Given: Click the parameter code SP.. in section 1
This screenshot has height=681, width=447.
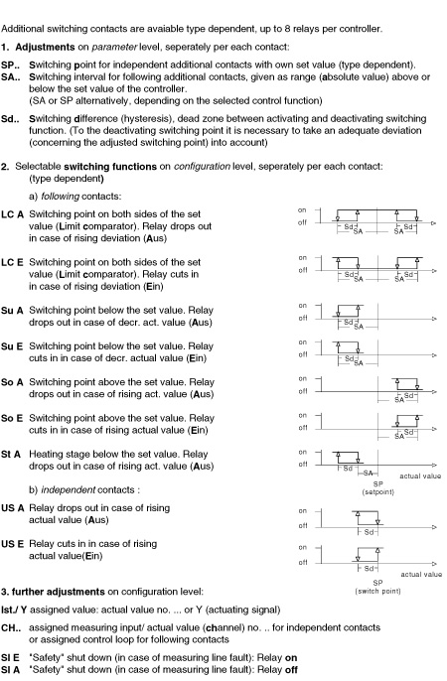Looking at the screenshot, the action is (10, 66).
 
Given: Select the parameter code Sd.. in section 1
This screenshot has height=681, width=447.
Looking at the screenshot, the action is (10, 119).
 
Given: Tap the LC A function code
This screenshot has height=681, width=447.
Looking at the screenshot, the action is (12, 214).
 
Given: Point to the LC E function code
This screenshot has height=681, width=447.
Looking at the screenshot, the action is (12, 263).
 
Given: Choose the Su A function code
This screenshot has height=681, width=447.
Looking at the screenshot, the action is (12, 311).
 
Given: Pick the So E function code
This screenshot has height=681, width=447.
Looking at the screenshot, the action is (12, 419).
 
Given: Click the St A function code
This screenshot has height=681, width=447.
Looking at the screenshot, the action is (11, 455).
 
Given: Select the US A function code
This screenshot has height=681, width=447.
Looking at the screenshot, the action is (13, 508).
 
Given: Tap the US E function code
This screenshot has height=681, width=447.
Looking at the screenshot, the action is (13, 544).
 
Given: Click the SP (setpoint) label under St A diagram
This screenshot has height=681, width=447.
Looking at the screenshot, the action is (377, 488).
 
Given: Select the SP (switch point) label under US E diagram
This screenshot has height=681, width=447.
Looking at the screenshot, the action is (377, 588).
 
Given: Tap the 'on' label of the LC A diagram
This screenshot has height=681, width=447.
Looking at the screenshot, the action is (302, 210).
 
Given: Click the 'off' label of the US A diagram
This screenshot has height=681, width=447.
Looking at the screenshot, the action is (303, 526).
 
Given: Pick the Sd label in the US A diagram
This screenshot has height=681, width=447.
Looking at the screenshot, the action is (369, 532).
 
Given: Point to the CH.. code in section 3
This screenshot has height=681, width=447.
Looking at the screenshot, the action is (11, 628).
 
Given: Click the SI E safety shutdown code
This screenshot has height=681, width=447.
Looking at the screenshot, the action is (10, 658).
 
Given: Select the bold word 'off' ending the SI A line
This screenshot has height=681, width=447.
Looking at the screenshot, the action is (291, 670).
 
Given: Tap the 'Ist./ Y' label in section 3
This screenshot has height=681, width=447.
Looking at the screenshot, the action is (14, 611).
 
